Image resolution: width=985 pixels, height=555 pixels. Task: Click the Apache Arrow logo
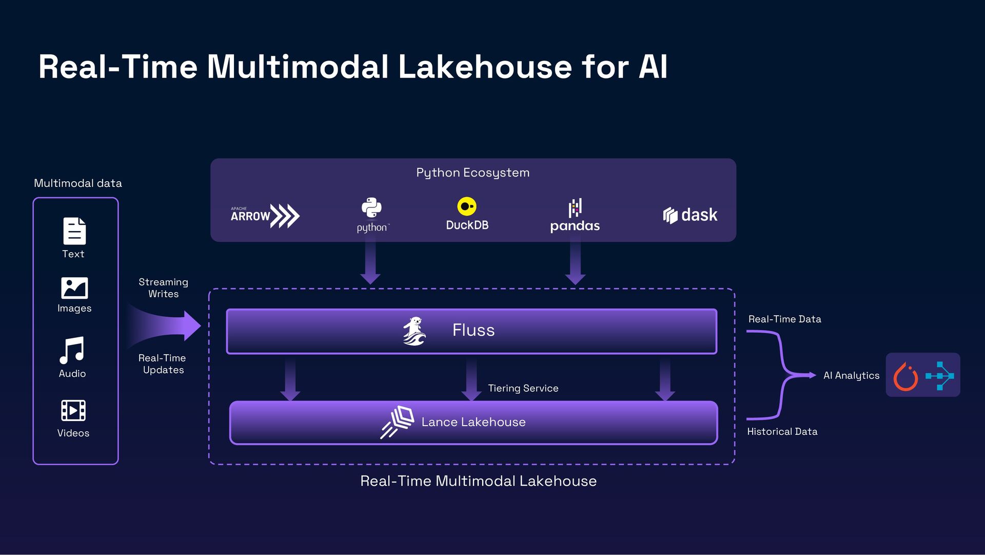click(x=265, y=216)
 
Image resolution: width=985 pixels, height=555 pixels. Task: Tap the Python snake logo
click(x=371, y=208)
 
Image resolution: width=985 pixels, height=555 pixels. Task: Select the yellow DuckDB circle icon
click(x=466, y=206)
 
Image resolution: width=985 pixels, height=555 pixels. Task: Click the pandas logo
click(x=575, y=216)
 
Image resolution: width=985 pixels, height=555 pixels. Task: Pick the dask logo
click(x=690, y=215)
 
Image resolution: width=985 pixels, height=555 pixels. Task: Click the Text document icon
click(x=74, y=231)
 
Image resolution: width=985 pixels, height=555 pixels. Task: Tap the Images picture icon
click(x=74, y=288)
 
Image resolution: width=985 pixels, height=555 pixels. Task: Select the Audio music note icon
click(x=72, y=350)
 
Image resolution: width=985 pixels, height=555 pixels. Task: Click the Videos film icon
click(x=73, y=410)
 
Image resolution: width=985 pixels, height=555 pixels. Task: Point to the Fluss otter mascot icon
click(x=414, y=331)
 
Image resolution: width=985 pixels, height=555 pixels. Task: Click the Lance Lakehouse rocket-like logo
click(x=398, y=422)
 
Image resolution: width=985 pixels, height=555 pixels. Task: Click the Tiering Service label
click(x=523, y=388)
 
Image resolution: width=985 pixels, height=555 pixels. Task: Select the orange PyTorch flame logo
click(x=905, y=376)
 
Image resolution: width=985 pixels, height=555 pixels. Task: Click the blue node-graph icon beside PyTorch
click(x=940, y=376)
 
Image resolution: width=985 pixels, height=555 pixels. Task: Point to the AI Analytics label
click(x=851, y=375)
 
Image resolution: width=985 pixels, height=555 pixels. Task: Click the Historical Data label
click(x=782, y=432)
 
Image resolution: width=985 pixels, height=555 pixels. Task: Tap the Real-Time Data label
click(x=784, y=319)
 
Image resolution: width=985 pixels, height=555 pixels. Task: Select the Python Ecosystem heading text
click(x=472, y=173)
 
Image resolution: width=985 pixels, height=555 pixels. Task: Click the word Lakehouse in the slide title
click(x=485, y=67)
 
